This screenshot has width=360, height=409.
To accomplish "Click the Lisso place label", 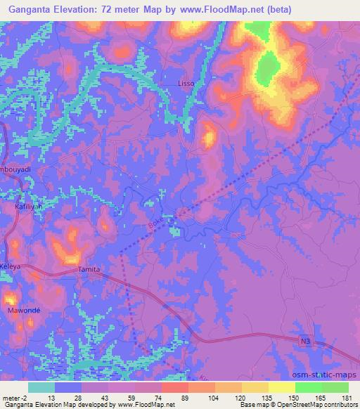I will click(186, 84).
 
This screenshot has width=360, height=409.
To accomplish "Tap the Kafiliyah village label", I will click(29, 208).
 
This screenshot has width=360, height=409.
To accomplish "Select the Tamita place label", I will click(89, 270).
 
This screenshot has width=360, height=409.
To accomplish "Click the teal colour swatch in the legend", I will click(41, 387).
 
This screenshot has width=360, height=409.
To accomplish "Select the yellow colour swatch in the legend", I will click(281, 387).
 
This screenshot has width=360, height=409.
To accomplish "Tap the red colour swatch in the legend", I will click(174, 387).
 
